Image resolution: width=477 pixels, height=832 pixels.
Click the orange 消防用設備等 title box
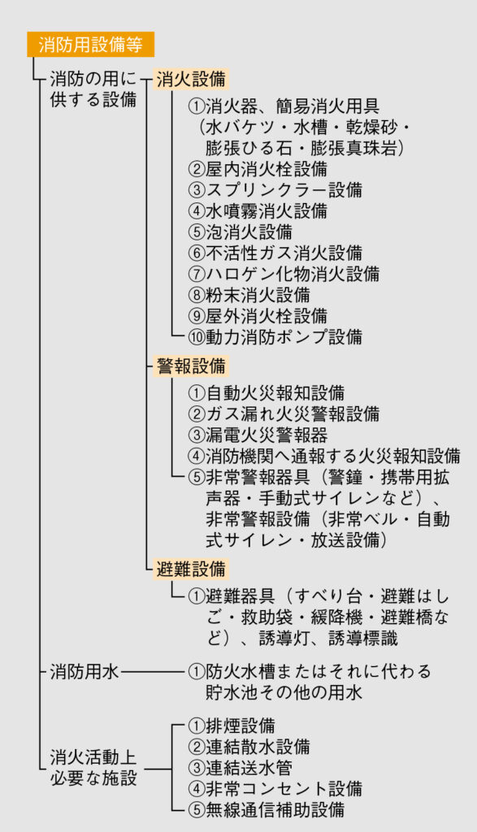tap(91, 45)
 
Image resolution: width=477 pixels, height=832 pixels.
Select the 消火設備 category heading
tap(191, 79)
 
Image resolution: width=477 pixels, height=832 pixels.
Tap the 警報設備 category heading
tap(191, 366)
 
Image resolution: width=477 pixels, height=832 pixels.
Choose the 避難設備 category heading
tap(191, 569)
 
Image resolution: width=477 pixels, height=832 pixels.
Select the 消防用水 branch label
tap(85, 672)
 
